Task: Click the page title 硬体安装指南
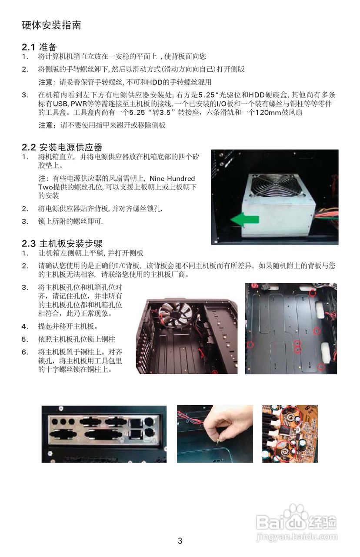51,25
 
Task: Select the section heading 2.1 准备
39,47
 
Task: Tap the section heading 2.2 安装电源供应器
62,147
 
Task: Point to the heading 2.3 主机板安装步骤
62,243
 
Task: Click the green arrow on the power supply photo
245,220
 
